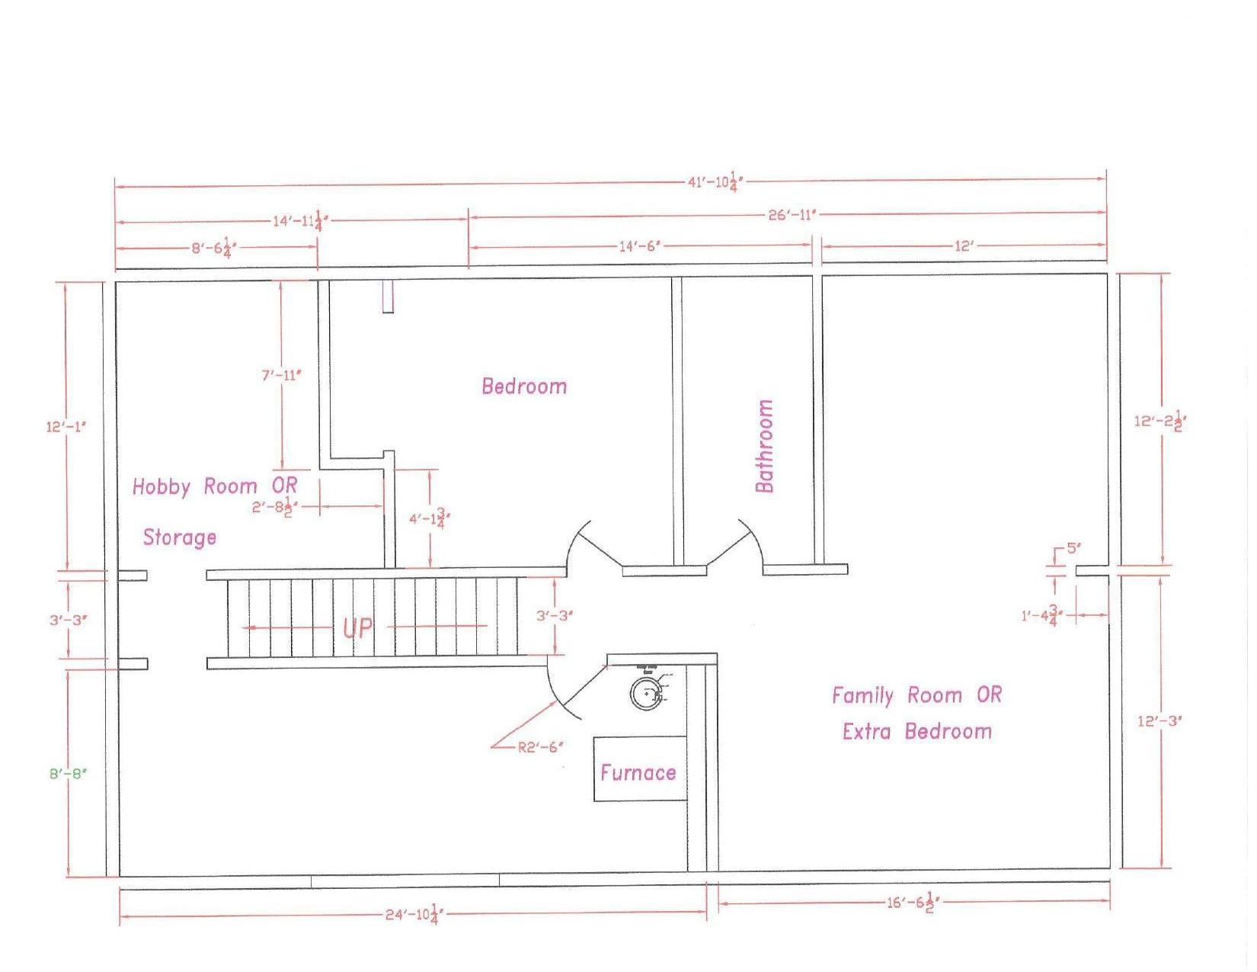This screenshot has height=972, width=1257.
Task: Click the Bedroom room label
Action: click(524, 386)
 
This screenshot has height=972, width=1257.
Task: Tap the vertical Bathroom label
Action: click(764, 446)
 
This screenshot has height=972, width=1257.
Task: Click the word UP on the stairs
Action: click(357, 628)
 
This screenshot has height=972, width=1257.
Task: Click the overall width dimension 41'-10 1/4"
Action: click(715, 181)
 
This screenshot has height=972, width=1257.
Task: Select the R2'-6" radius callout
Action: click(540, 747)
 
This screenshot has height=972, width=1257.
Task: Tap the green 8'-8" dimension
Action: click(69, 774)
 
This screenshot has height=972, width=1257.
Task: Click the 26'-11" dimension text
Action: click(792, 215)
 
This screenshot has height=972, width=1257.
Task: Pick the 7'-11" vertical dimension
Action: click(281, 374)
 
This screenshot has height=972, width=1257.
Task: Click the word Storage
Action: click(180, 537)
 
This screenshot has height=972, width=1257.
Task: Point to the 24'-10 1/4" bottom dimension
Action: click(414, 914)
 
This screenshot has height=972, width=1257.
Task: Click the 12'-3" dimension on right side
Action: click(1159, 721)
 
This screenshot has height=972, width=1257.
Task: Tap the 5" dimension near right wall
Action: click(1073, 547)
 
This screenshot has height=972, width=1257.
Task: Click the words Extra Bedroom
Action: click(916, 732)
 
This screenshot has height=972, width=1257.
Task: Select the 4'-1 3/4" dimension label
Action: click(430, 519)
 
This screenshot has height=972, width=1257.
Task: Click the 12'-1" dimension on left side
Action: click(66, 426)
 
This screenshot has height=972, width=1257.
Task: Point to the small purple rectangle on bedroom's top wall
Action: click(388, 297)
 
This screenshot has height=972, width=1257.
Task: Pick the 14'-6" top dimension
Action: click(639, 246)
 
